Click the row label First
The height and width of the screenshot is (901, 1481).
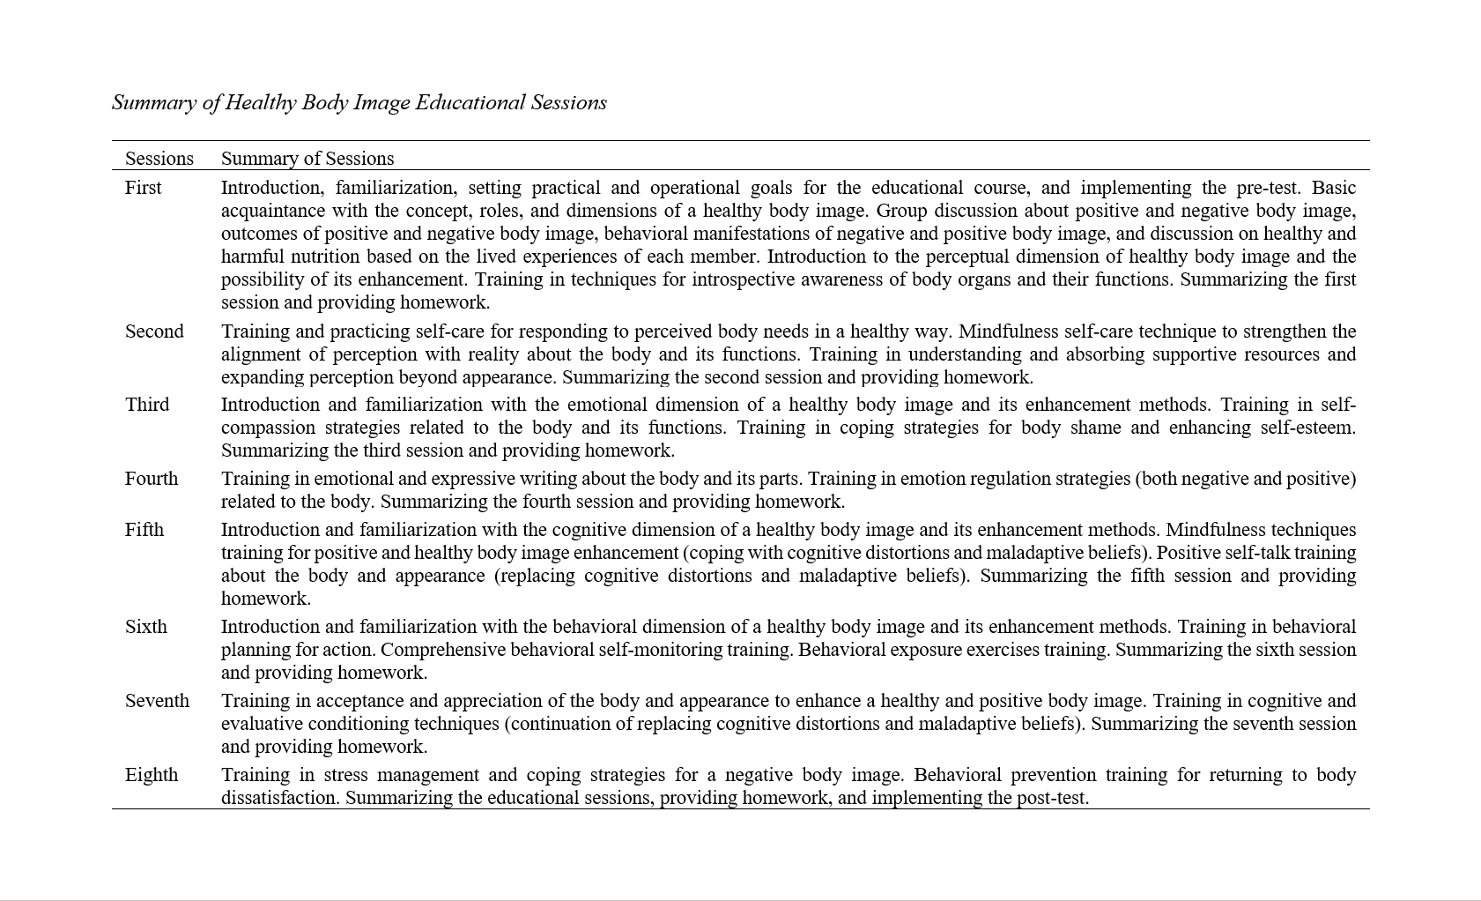pyautogui.click(x=143, y=188)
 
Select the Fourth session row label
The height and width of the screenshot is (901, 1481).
pyautogui.click(x=152, y=479)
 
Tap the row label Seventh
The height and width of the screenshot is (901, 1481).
pyautogui.click(x=157, y=701)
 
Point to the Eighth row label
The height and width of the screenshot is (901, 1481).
pyautogui.click(x=152, y=775)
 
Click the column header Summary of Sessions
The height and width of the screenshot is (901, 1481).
pyautogui.click(x=307, y=159)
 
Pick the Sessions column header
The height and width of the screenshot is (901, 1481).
pyautogui.click(x=159, y=159)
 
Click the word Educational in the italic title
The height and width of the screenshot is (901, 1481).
pyautogui.click(x=470, y=102)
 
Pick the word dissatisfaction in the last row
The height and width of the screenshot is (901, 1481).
pyautogui.click(x=279, y=798)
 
